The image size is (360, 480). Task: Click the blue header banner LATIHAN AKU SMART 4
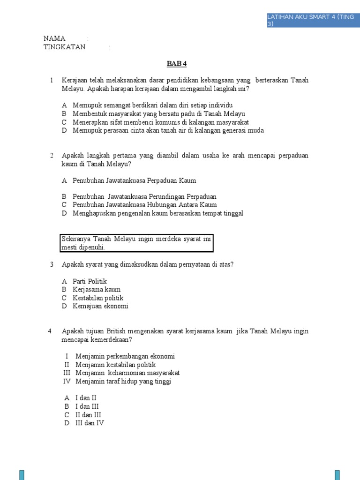coord(311,20)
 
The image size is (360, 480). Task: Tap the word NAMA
coord(54,38)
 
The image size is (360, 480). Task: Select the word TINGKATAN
coord(65,47)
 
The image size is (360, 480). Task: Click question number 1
coord(52,81)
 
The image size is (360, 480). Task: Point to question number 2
coord(52,155)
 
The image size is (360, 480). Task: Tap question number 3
coord(52,264)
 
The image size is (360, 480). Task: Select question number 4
coord(50,331)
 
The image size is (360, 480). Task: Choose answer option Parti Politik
coord(90,281)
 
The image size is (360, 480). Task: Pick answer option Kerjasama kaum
coord(97,290)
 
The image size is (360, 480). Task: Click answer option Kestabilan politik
coord(98,298)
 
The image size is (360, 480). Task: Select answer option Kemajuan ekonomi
coord(100,307)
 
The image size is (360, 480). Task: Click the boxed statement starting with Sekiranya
coord(136,243)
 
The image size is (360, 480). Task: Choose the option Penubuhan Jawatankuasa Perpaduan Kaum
coord(134,180)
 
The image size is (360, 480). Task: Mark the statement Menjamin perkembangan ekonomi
coord(125,356)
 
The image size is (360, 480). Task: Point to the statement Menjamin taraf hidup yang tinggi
coord(123,382)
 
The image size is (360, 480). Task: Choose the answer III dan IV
coord(90,423)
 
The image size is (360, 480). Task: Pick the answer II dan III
coord(88,415)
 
